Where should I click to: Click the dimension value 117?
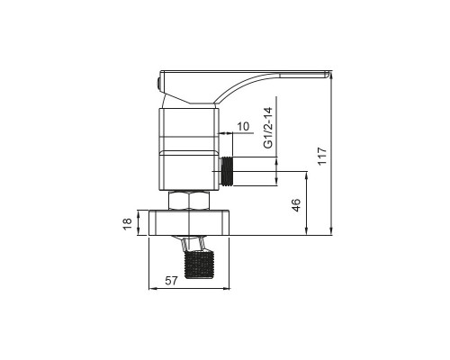[x=322, y=156]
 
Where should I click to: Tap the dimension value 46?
[x=296, y=205]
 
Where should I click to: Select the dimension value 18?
[x=127, y=223]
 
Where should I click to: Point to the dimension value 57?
[x=172, y=281]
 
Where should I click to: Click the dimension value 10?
[x=243, y=126]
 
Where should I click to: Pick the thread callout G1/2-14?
[x=268, y=128]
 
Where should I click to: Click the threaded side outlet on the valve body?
[x=227, y=172]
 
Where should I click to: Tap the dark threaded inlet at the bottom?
[x=199, y=265]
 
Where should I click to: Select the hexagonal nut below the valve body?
[x=189, y=201]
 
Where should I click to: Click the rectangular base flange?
[x=189, y=222]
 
